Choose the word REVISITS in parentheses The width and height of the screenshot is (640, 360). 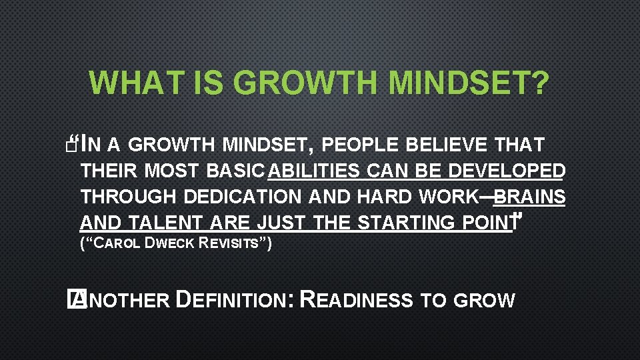231,244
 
